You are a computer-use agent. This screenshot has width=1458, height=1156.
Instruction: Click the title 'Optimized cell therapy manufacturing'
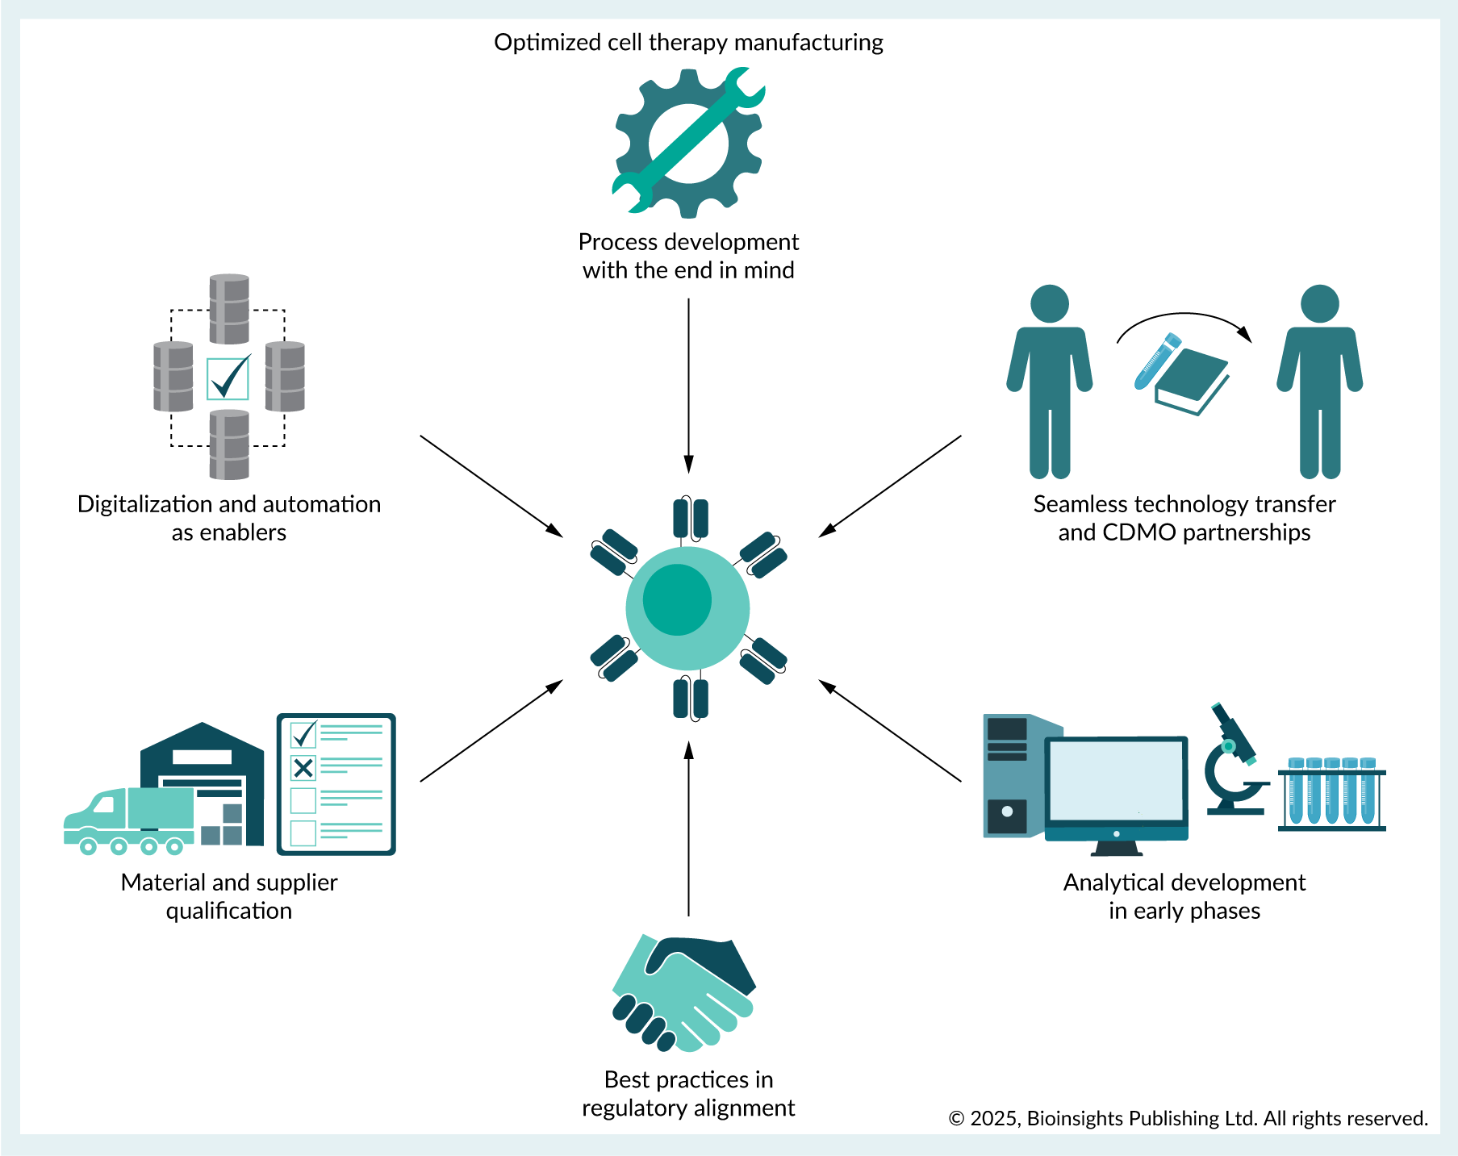click(x=688, y=42)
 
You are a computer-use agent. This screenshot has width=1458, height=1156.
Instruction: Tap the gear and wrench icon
click(x=688, y=144)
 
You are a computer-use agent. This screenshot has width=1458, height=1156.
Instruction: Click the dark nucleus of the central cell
click(x=677, y=600)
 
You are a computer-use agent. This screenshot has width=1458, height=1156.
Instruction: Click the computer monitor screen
click(x=1116, y=778)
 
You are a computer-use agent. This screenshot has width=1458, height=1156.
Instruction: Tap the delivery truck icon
click(x=129, y=820)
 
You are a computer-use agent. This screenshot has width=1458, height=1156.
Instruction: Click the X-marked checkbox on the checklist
click(x=303, y=768)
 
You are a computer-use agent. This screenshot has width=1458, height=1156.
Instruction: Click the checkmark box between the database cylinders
click(x=228, y=378)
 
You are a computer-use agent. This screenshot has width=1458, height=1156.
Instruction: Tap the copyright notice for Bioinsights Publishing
click(x=1188, y=1118)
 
